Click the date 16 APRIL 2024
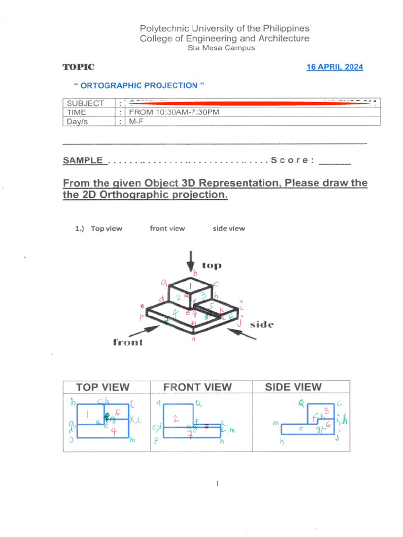point(334,67)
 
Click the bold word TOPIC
point(79,67)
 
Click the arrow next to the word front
point(144,331)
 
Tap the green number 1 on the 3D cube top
point(190,285)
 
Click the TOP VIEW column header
point(103,388)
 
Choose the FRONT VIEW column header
point(197,388)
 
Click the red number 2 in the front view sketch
point(176,418)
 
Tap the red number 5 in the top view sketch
point(118,413)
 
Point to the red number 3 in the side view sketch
point(326,411)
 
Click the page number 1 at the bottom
point(217,484)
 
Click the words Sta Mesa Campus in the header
point(221,48)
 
